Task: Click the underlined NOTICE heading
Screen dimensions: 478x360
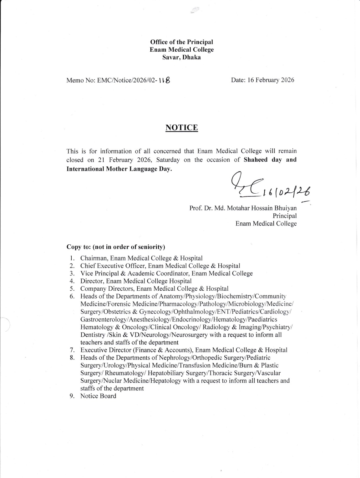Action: pyautogui.click(x=182, y=128)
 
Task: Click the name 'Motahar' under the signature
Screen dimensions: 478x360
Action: pyautogui.click(x=238, y=208)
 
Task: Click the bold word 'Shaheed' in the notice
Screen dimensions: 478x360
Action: pyautogui.click(x=256, y=160)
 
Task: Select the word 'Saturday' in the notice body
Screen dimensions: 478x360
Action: pyautogui.click(x=168, y=160)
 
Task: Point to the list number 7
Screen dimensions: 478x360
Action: pyautogui.click(x=72, y=350)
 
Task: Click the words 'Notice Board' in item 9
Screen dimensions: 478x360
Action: pyautogui.click(x=98, y=396)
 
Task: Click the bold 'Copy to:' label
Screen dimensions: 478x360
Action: pyautogui.click(x=79, y=247)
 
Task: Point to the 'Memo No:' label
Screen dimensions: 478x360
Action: pyautogui.click(x=81, y=80)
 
